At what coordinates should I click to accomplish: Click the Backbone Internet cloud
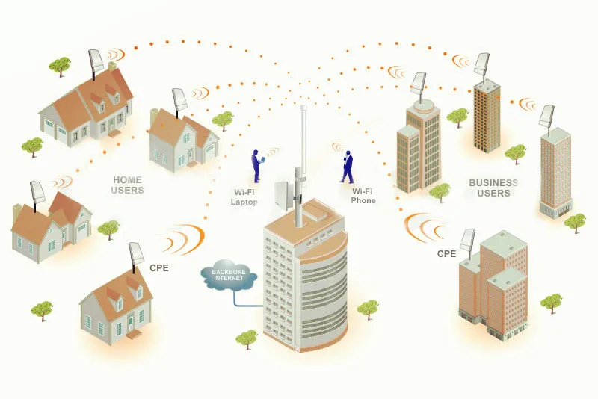click(x=230, y=277)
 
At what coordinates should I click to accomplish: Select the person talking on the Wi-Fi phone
click(x=348, y=166)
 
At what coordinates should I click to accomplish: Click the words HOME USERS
click(x=128, y=185)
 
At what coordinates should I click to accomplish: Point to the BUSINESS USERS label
click(x=493, y=188)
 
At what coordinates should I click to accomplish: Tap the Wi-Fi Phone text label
click(x=363, y=196)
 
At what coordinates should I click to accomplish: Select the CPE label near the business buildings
click(x=446, y=253)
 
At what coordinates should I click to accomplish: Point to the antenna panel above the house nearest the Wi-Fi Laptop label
click(x=180, y=100)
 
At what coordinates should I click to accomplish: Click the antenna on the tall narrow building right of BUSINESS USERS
click(x=546, y=117)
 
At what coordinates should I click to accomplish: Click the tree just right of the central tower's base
click(x=367, y=309)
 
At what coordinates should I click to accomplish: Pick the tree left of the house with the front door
click(x=42, y=308)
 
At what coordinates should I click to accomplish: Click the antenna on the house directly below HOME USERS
click(x=37, y=194)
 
